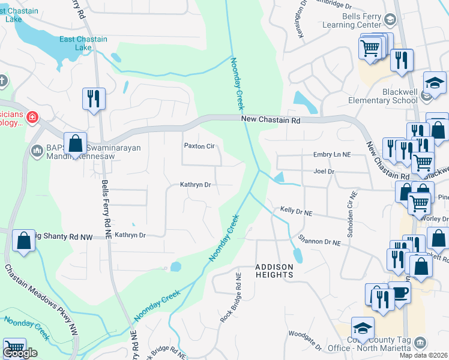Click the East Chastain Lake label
pyautogui.click(x=83, y=43)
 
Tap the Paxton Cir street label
pyautogui.click(x=199, y=146)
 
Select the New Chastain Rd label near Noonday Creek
pyautogui.click(x=270, y=120)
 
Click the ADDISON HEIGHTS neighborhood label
pyautogui.click(x=274, y=271)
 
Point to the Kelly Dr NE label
pyautogui.click(x=297, y=212)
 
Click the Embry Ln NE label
pyautogui.click(x=331, y=155)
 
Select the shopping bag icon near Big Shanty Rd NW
pyautogui.click(x=23, y=241)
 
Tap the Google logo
pyautogui.click(x=20, y=353)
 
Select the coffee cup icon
pyautogui.click(x=400, y=293)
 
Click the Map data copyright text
pyautogui.click(x=424, y=355)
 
